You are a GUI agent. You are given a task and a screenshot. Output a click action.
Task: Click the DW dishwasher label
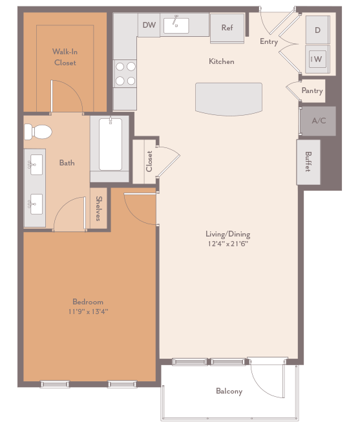[149, 25]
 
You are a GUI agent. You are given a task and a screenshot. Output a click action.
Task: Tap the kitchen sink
[176, 25]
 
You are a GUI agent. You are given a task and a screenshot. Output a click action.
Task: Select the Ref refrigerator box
[227, 28]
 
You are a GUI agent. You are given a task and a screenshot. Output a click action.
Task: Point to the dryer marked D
[317, 30]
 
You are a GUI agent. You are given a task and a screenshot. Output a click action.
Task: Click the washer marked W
[317, 59]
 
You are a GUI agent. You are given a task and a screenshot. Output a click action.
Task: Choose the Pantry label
[312, 91]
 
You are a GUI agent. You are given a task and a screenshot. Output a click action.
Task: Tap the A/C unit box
[318, 121]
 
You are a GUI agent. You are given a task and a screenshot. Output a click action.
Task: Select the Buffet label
[308, 162]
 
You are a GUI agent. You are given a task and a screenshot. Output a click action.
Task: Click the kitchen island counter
[229, 99]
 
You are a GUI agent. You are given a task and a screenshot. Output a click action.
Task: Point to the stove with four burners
[125, 73]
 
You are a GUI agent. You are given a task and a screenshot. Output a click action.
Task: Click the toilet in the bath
[38, 132]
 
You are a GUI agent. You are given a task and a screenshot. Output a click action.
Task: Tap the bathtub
[111, 145]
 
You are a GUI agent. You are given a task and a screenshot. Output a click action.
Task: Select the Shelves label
[99, 209]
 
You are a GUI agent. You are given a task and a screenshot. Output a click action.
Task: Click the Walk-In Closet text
[65, 57]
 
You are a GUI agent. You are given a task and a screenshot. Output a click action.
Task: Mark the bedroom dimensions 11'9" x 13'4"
[89, 312]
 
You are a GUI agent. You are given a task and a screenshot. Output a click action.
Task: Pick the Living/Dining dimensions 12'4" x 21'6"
[228, 244]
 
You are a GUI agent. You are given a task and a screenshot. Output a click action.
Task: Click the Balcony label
[229, 392]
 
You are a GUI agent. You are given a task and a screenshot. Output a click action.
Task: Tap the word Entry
[269, 41]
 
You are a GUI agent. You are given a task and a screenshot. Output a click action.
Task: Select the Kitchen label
[221, 61]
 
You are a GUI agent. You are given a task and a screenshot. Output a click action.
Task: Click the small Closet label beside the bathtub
[149, 161]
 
